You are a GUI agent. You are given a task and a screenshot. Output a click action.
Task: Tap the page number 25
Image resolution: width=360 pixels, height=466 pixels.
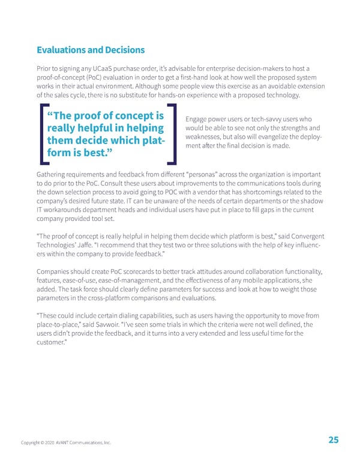[x=334, y=440]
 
